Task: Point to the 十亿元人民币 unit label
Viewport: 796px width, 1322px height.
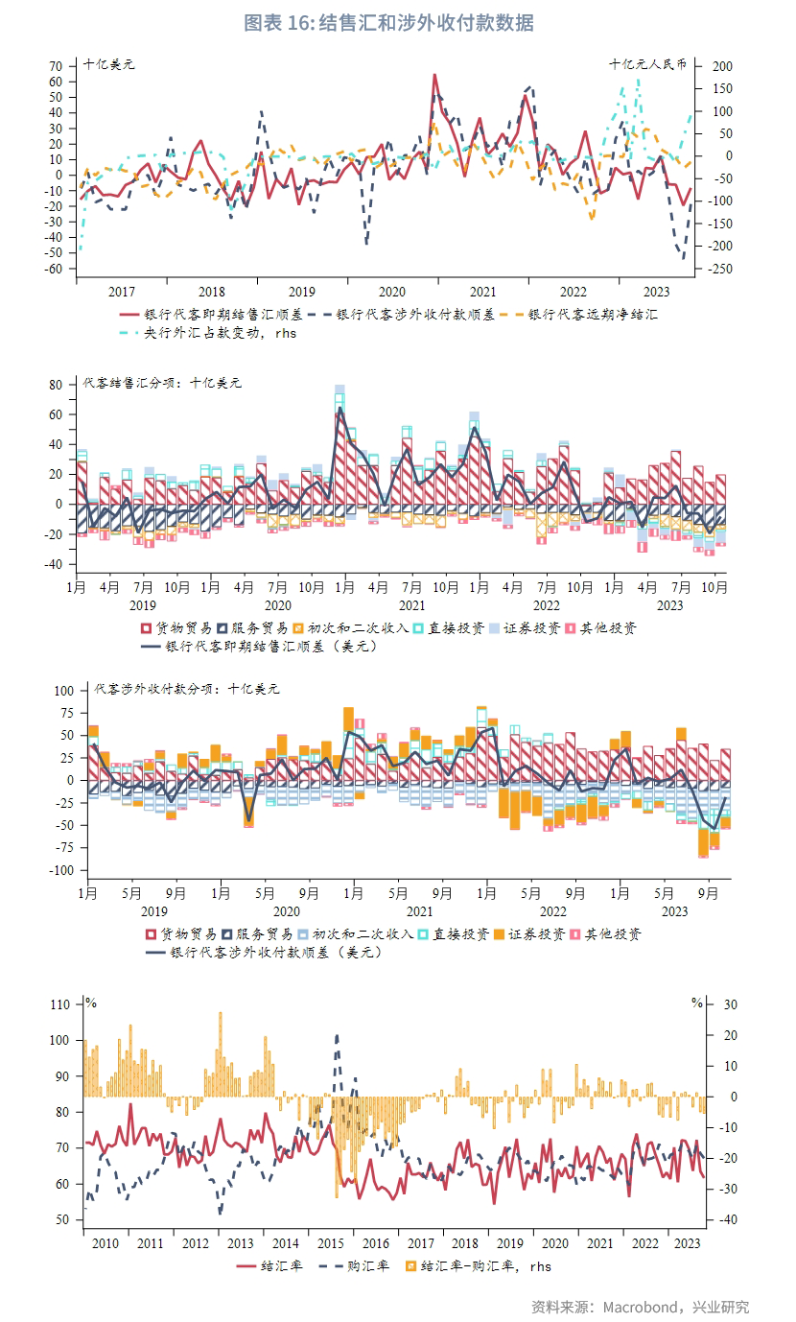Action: pyautogui.click(x=648, y=64)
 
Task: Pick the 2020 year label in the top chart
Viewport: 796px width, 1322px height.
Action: pyautogui.click(x=391, y=293)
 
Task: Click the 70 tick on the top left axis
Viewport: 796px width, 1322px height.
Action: pyautogui.click(x=55, y=66)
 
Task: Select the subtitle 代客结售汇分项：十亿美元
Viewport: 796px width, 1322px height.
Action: pyautogui.click(x=162, y=383)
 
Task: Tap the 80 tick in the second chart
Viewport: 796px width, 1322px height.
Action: pyautogui.click(x=55, y=385)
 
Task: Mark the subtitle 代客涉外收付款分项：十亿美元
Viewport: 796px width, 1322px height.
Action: pyautogui.click(x=187, y=689)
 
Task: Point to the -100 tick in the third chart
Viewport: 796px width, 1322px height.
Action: pyautogui.click(x=60, y=870)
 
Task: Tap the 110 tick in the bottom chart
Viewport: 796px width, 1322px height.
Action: pyautogui.click(x=61, y=1004)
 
